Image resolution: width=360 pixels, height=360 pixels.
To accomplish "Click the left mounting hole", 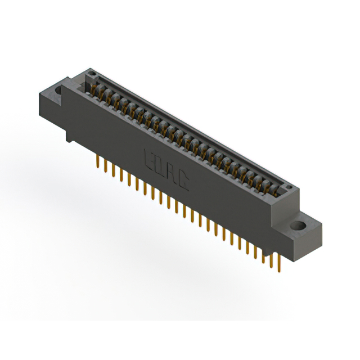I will point(58,88).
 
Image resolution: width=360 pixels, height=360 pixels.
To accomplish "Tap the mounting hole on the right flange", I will point(298,227).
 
